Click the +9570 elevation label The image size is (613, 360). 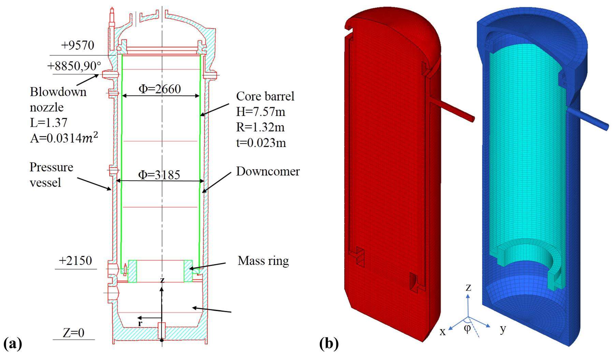pos(77,45)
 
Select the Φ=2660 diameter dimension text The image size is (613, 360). pos(160,89)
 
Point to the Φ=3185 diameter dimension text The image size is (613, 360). pos(159,175)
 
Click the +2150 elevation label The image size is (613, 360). pos(75,261)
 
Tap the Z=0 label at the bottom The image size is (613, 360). pos(73,333)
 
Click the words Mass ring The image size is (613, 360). pos(263,261)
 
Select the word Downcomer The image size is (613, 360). pos(268,171)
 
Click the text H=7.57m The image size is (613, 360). pos(261,112)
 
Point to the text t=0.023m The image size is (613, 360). pos(261,143)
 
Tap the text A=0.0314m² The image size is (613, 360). pos(64,138)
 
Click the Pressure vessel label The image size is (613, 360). pos(51,175)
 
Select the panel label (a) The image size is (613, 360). pos(13,343)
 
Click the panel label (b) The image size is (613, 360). pos(329,343)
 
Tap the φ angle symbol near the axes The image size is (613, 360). pos(467,328)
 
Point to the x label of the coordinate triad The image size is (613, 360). pos(442,332)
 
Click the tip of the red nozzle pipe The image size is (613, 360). pos(472,118)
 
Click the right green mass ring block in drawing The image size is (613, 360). pos(188,271)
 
